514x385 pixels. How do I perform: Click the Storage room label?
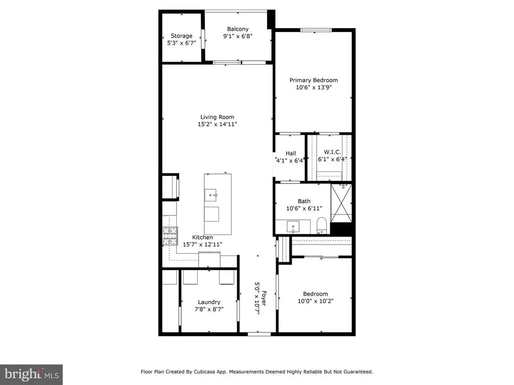[181, 36]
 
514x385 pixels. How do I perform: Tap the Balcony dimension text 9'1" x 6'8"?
[238, 36]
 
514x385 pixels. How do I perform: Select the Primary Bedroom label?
[314, 80]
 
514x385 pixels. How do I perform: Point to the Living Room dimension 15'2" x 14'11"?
[217, 124]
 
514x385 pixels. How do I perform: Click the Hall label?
[291, 153]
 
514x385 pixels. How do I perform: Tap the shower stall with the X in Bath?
[341, 203]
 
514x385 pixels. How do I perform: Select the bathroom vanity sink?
[294, 227]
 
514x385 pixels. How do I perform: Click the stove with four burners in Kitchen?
[170, 236]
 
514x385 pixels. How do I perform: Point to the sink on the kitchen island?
[211, 193]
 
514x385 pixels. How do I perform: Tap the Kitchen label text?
[203, 237]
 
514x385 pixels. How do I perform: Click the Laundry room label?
[209, 302]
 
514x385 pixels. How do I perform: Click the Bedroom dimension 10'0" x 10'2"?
[315, 301]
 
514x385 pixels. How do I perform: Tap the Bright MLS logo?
[31, 373]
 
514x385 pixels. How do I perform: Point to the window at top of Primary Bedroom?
[316, 30]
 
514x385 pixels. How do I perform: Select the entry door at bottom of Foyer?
[259, 333]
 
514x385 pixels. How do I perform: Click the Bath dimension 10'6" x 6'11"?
[304, 208]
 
